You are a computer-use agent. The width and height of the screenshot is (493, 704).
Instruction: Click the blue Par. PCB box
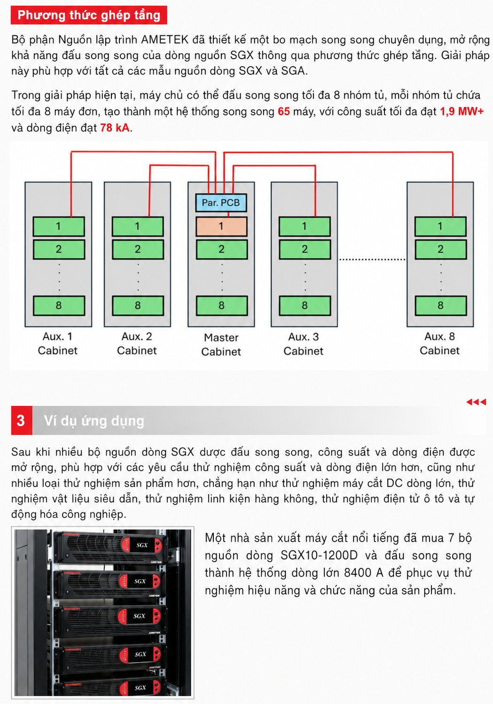(221, 202)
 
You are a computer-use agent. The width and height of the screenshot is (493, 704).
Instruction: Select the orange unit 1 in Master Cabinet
(221, 226)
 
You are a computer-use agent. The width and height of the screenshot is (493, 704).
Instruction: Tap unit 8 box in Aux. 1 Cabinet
(59, 305)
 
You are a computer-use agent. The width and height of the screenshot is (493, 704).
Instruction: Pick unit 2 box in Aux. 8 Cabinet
(440, 249)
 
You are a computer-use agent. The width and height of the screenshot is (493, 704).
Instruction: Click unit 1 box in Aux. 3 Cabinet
(305, 226)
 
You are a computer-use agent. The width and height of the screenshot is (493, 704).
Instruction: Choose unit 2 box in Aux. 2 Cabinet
(138, 249)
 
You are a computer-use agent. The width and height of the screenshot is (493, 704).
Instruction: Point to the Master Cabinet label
(221, 344)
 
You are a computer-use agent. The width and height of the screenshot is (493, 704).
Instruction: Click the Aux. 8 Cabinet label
(439, 343)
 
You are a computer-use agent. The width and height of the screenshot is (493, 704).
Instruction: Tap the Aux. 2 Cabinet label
(137, 343)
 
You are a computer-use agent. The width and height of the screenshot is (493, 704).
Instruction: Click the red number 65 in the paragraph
(283, 112)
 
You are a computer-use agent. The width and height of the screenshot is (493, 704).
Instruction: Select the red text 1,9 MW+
(462, 111)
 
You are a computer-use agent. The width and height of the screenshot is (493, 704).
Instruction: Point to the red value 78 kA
(115, 128)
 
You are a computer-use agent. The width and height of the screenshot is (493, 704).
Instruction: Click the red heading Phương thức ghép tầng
(89, 15)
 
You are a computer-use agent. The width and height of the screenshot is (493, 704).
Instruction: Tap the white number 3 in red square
(21, 420)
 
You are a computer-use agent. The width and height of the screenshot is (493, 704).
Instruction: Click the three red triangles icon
(476, 402)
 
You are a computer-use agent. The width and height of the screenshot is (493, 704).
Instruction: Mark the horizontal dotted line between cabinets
(372, 260)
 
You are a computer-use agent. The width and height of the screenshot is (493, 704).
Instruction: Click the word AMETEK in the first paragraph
(165, 40)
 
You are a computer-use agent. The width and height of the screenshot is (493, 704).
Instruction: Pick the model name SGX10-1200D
(319, 555)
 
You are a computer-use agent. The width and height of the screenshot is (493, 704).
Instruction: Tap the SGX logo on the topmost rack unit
(142, 545)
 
